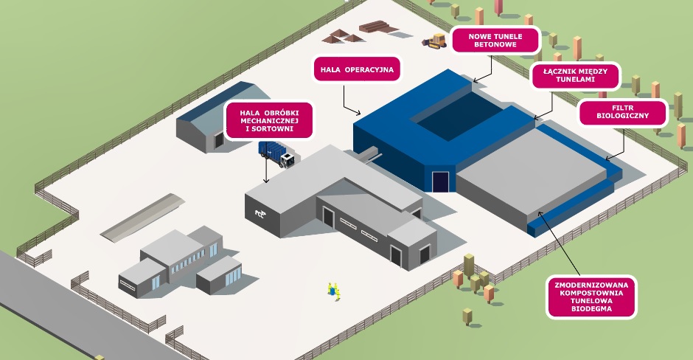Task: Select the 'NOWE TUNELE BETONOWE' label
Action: [495, 40]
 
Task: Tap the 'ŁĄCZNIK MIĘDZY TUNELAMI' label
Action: [574, 75]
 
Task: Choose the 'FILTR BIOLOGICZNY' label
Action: [624, 113]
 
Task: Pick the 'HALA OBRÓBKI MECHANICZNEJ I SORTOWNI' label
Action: [268, 119]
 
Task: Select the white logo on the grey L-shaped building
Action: [260, 213]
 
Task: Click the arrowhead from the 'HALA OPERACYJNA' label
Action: [359, 114]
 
